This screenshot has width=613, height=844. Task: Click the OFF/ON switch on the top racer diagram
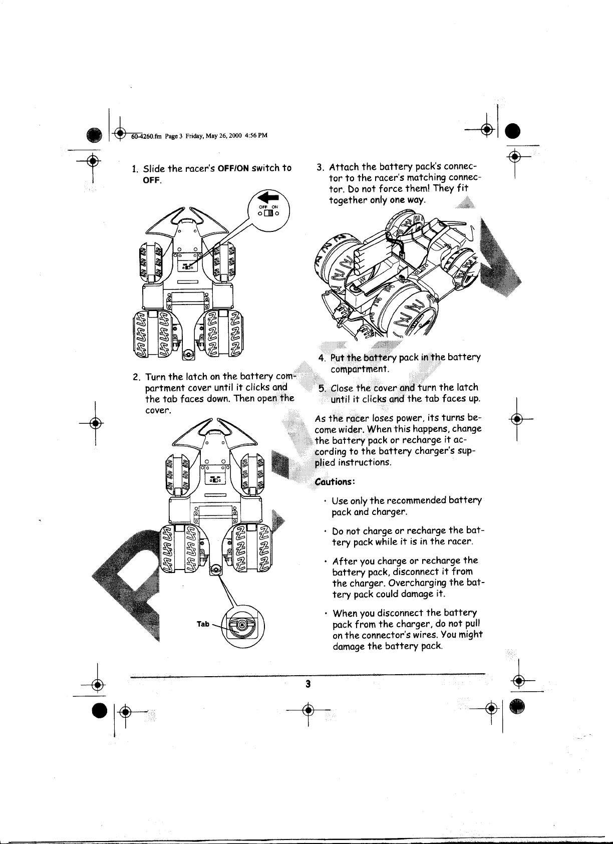pyautogui.click(x=185, y=267)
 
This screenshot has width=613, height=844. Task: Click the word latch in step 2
pyautogui.click(x=197, y=377)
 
